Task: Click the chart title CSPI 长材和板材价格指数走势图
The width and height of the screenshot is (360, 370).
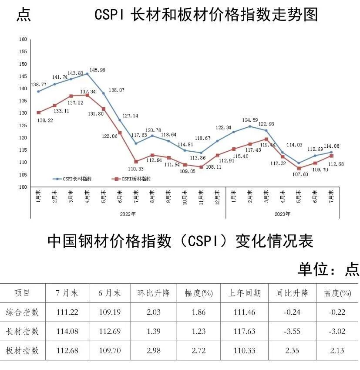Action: coord(206,15)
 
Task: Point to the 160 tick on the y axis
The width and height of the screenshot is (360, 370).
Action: coord(23,40)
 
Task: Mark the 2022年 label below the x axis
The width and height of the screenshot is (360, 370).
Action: coord(128,214)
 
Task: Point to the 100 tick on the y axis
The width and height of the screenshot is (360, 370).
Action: coord(23,187)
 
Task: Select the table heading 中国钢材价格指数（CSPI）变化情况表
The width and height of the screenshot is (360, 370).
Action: coord(180,241)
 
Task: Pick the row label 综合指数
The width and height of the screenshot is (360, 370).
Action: coord(27,312)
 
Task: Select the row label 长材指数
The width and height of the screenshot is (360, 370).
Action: coord(27,332)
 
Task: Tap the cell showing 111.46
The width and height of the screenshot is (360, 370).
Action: coord(245,312)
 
